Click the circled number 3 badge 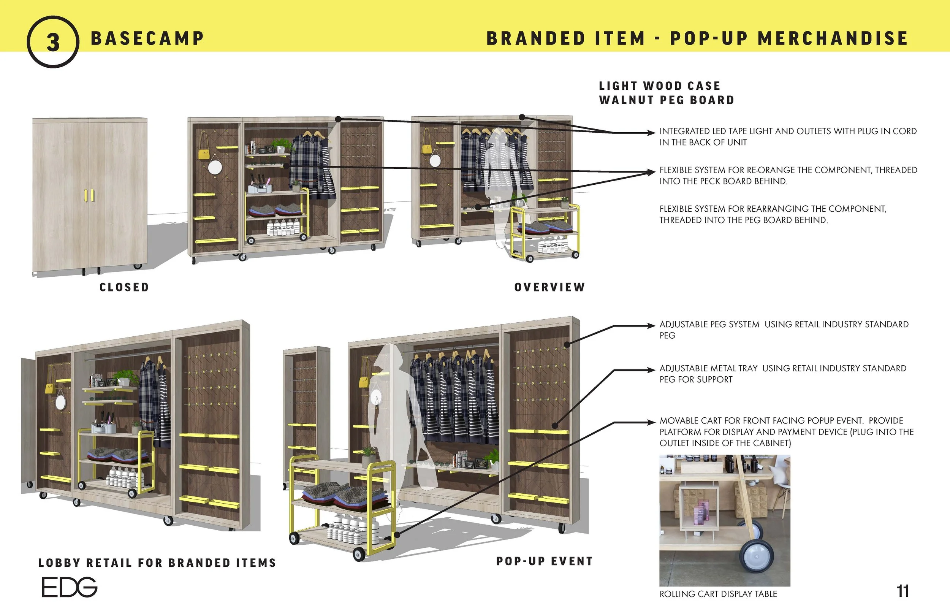(53, 42)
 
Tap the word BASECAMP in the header (147, 39)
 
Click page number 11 (902, 591)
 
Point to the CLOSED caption (124, 287)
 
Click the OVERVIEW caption (549, 287)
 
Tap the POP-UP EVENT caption (545, 561)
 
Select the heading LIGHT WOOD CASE (659, 86)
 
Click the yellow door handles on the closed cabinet (89, 195)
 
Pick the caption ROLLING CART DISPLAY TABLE (718, 594)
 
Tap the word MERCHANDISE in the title (833, 39)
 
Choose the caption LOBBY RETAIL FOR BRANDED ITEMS (157, 563)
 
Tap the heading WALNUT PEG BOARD (667, 100)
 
